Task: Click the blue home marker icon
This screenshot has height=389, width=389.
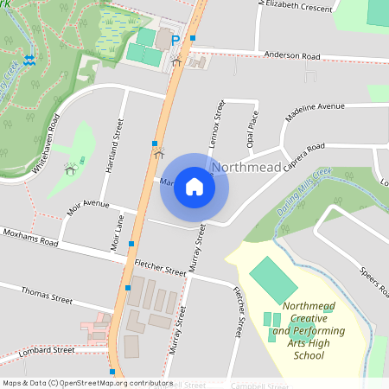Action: [194, 187]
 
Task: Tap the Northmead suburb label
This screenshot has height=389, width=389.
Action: [246, 165]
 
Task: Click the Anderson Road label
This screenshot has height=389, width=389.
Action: [292, 56]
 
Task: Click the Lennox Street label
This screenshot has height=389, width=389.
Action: [218, 120]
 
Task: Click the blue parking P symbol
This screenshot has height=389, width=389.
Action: [175, 40]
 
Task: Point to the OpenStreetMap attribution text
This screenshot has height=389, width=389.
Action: [86, 382]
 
